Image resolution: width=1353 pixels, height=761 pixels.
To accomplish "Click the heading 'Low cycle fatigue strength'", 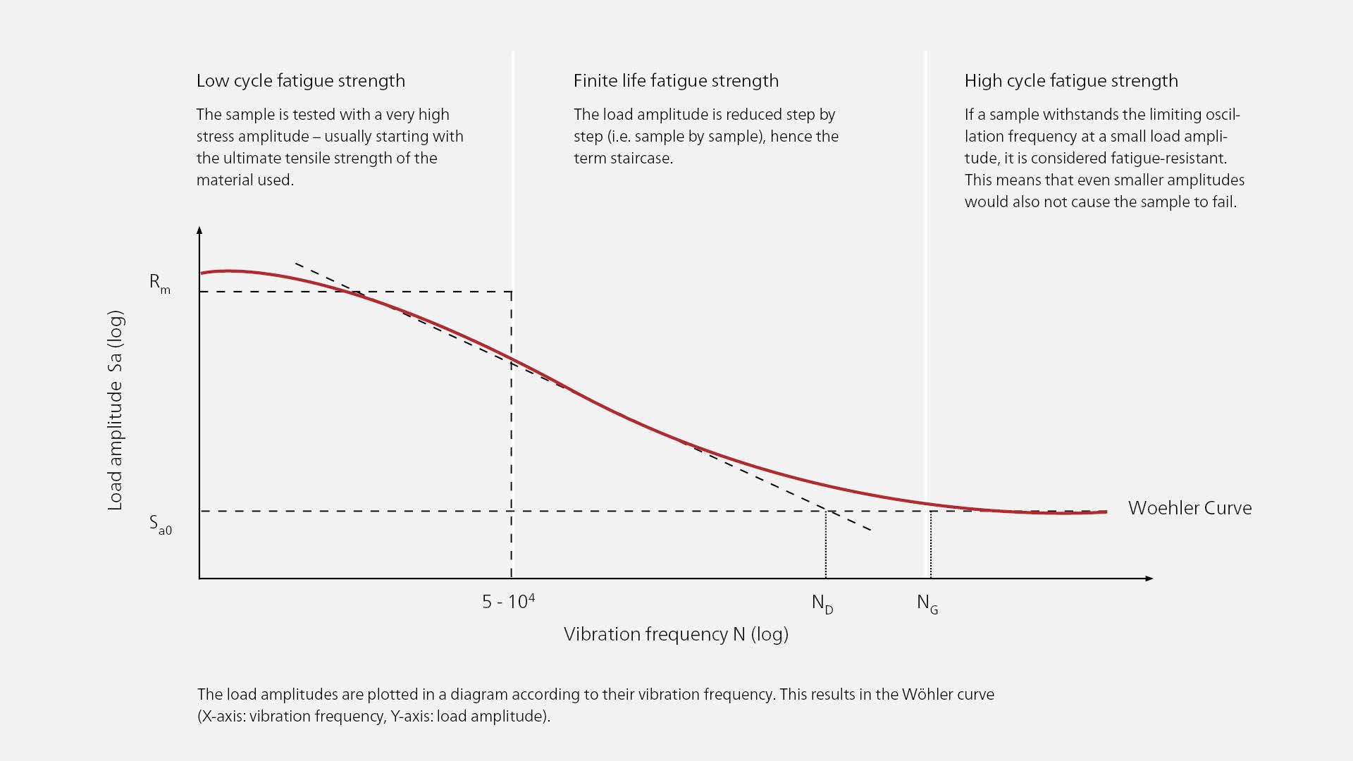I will [x=300, y=81].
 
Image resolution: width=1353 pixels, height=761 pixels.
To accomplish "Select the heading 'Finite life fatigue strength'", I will [x=676, y=81].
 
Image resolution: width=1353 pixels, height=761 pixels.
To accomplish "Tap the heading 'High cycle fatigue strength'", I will [x=1070, y=81].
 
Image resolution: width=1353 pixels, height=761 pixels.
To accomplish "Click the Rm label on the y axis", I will [x=159, y=283].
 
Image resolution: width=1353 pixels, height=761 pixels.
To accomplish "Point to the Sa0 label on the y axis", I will [x=160, y=525].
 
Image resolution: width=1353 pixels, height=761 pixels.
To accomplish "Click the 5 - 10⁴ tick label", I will [x=508, y=601].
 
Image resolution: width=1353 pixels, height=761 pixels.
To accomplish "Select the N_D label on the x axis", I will [x=822, y=604].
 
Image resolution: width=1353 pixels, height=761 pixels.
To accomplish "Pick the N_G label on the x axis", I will [x=927, y=604].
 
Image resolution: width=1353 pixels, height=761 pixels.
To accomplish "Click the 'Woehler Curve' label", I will [x=1190, y=508].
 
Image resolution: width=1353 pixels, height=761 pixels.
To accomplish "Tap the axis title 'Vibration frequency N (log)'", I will [x=676, y=634].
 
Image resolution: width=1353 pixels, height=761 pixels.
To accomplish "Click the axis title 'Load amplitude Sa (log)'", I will [x=115, y=411].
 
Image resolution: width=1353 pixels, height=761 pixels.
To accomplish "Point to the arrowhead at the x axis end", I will [x=1149, y=579].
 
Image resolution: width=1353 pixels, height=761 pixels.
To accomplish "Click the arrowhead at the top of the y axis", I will [x=199, y=230].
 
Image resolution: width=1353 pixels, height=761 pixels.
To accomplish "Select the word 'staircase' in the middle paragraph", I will [x=643, y=159].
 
